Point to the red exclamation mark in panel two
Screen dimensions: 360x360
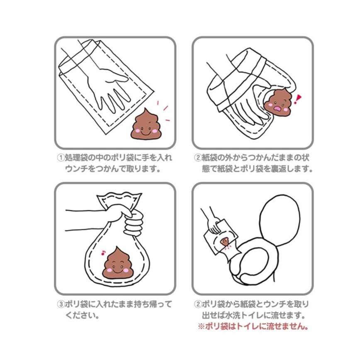(297, 98)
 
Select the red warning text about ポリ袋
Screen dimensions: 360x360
(253, 326)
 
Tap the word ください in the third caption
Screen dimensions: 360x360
(82, 315)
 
